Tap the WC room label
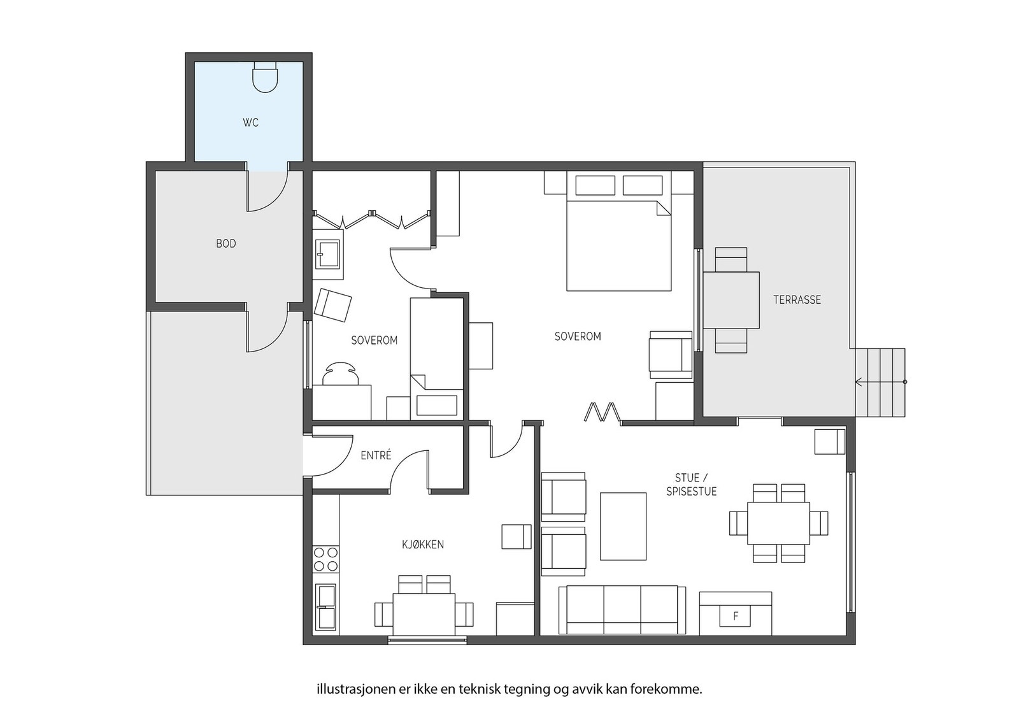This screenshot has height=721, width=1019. [x=251, y=122]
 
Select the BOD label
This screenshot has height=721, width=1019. [x=226, y=244]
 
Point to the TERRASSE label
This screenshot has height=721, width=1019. [x=797, y=300]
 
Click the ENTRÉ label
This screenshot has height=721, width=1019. [x=376, y=455]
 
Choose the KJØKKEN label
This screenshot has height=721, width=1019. [x=423, y=545]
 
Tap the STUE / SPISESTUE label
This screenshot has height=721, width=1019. [x=692, y=485]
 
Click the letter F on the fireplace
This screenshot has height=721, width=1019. [x=736, y=617]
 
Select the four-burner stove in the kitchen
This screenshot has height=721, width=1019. [x=325, y=559]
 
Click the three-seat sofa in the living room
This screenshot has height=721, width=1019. [x=622, y=610]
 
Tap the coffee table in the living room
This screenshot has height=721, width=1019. [x=624, y=526]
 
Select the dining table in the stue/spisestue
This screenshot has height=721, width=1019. [x=778, y=523]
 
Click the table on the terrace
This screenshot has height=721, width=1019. [x=732, y=300]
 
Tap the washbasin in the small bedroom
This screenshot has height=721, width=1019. [x=327, y=254]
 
